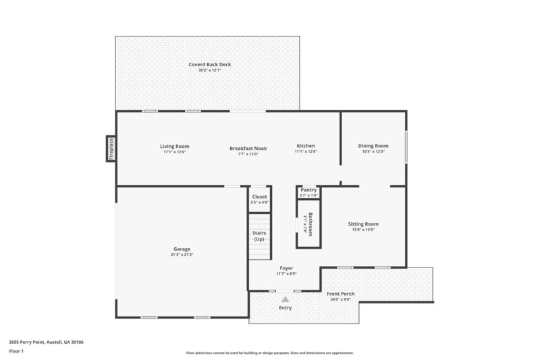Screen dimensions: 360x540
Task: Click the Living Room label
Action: tap(174, 146)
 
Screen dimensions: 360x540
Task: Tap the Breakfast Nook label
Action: tap(248, 148)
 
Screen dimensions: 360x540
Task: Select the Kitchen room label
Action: tap(306, 146)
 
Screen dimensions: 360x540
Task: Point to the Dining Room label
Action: tap(373, 146)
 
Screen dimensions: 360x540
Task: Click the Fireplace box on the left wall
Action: tap(111, 149)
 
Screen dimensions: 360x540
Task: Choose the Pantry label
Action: tap(308, 190)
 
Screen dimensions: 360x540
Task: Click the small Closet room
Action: tap(259, 199)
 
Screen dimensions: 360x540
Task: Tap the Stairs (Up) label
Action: tap(259, 236)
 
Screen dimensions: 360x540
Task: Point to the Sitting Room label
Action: tap(363, 224)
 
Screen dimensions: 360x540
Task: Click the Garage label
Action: tap(182, 249)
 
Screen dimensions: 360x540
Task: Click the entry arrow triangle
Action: tap(286, 299)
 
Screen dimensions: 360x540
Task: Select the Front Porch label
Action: tap(341, 294)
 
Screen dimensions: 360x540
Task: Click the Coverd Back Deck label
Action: tap(210, 65)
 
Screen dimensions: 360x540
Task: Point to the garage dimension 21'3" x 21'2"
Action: tap(182, 255)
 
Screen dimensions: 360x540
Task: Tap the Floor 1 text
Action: tap(16, 352)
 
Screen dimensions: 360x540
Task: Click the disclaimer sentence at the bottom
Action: tap(269, 353)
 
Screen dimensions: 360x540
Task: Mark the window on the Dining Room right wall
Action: tap(406, 147)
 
